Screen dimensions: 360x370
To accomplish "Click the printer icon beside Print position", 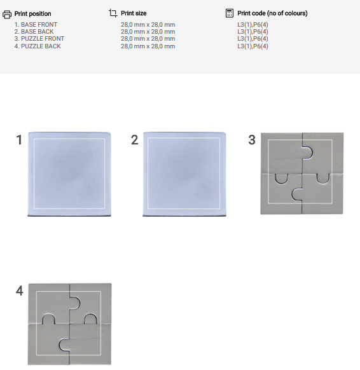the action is coord(7,14).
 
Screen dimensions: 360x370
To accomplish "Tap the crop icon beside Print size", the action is coord(113,13).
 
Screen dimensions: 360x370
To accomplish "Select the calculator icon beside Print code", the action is coord(230,13).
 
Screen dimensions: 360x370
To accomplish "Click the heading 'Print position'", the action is coord(33,14).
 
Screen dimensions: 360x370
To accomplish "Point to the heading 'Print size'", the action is coord(134,13).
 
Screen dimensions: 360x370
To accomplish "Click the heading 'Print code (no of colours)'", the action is coord(272,13).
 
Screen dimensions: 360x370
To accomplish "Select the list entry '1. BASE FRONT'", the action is coord(36,25).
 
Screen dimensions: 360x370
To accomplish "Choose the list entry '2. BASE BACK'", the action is coord(34,32).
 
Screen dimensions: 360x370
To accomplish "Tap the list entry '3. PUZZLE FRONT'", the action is coord(39,39).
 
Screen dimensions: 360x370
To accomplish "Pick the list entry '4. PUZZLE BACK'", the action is coord(38,46).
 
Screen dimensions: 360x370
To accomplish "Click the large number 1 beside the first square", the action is coord(19,140).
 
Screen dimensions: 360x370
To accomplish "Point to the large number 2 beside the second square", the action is coord(135,140).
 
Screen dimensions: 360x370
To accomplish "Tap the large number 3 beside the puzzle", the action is coord(252,140).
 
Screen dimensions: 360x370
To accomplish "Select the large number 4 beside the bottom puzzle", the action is coord(20,291).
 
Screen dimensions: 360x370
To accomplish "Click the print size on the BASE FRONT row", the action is coord(148,25).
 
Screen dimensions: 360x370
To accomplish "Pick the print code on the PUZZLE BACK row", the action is coord(253,46).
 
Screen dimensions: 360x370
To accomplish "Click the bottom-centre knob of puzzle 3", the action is coord(297,194).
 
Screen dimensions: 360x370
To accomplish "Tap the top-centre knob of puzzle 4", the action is coord(75,303).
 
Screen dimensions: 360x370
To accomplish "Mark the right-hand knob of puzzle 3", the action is coord(322,179).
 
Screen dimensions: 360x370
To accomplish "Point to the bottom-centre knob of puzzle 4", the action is coord(64,345).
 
